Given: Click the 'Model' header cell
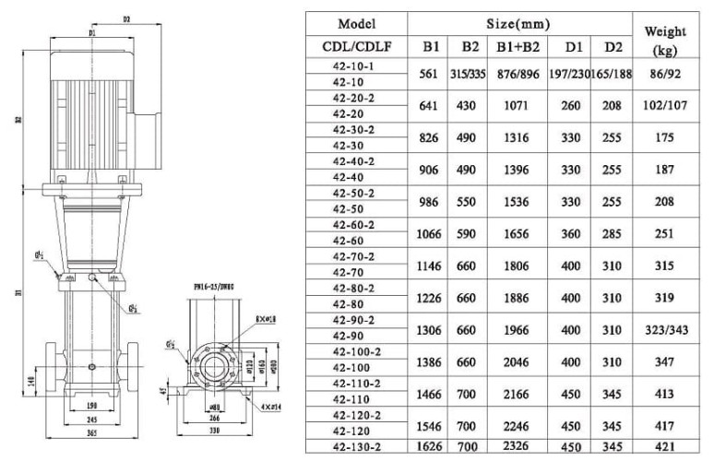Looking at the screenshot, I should [x=356, y=23].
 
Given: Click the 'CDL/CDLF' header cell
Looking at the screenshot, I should [x=356, y=47].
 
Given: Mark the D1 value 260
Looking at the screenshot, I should [x=574, y=106].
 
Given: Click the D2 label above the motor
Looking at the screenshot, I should [x=127, y=18].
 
